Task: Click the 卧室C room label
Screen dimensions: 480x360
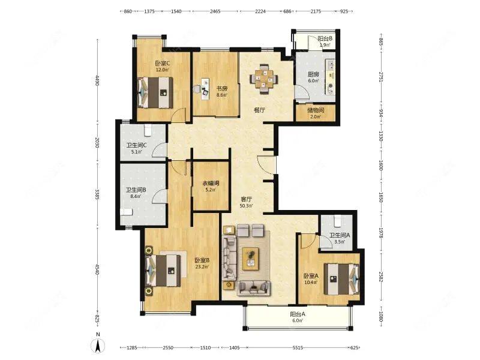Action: tap(162, 64)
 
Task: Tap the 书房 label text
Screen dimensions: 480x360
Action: tap(222, 89)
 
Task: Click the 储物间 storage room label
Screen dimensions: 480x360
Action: tap(316, 110)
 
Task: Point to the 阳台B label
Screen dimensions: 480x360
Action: tap(325, 39)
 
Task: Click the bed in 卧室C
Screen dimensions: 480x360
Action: tap(155, 92)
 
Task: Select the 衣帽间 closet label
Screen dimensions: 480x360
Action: tap(211, 184)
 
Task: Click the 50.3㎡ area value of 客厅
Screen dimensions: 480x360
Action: tap(246, 206)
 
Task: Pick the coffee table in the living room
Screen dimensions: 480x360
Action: tap(251, 259)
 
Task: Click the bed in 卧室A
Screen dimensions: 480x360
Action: tap(342, 278)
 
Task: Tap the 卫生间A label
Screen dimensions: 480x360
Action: tap(340, 235)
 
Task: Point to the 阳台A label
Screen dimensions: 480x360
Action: tap(298, 314)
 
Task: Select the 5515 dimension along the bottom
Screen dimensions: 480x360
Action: tap(298, 347)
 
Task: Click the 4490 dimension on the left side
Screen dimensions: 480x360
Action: tap(97, 80)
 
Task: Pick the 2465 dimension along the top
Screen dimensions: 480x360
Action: tap(215, 11)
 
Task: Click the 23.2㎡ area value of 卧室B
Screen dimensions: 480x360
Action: tap(202, 266)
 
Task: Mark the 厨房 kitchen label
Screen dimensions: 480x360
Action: tap(313, 74)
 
